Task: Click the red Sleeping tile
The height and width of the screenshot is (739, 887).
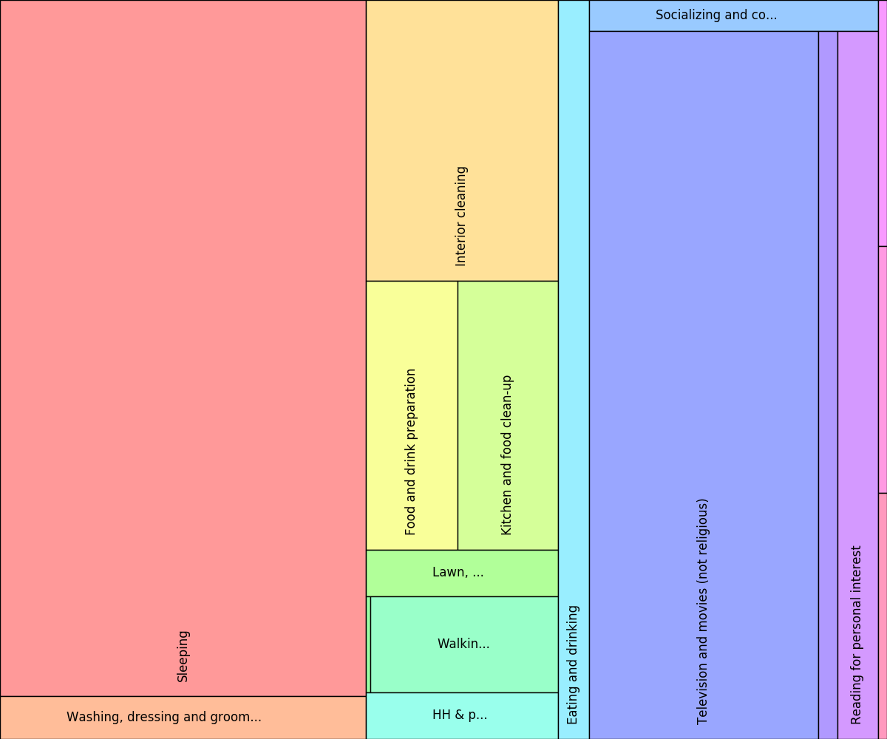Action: click(x=183, y=347)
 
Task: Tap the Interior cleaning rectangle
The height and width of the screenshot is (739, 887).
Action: click(x=462, y=140)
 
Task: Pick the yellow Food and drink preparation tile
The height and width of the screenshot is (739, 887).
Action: click(x=412, y=415)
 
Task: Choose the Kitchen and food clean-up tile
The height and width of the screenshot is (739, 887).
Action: click(x=508, y=415)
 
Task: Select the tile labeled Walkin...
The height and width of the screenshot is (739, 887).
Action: click(x=464, y=644)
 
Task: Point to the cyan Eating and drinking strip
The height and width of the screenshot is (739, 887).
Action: click(x=574, y=369)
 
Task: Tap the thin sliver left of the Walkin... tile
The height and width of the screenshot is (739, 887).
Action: click(x=368, y=644)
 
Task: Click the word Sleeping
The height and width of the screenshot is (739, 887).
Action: click(x=183, y=656)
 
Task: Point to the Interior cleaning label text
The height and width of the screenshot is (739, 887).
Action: click(x=461, y=216)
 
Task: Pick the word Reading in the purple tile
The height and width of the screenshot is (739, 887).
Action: click(x=857, y=701)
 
